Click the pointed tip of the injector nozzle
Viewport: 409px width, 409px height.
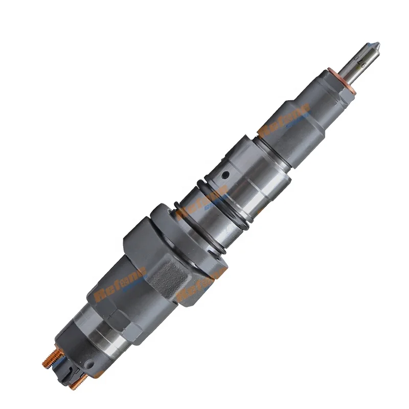coord(377,44)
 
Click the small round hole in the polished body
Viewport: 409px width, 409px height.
coord(223,176)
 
